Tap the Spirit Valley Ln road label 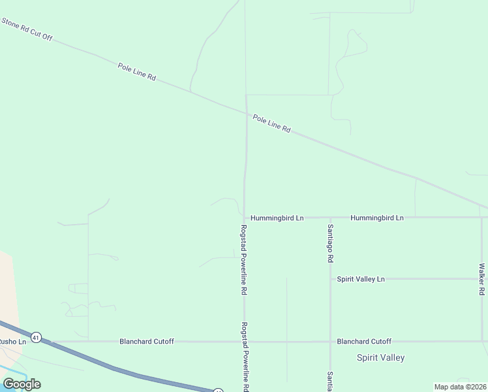(x=361, y=279)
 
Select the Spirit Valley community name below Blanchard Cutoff (x=381, y=357)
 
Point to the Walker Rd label (x=481, y=279)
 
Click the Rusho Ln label (x=12, y=341)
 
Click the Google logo (x=22, y=384)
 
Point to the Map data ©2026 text (x=461, y=387)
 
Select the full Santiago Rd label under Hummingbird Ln (x=330, y=242)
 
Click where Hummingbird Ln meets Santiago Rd (x=330, y=218)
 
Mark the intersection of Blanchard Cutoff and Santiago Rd (x=330, y=341)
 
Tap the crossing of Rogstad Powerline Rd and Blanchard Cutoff (x=245, y=341)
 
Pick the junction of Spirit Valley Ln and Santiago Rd (x=330, y=279)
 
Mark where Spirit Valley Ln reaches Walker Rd (x=481, y=279)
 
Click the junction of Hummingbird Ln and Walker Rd (x=481, y=218)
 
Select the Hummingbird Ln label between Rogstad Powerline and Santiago (x=277, y=218)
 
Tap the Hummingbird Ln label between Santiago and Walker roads (x=377, y=218)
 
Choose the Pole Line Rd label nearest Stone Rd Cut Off (x=138, y=72)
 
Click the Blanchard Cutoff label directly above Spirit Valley (x=364, y=341)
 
